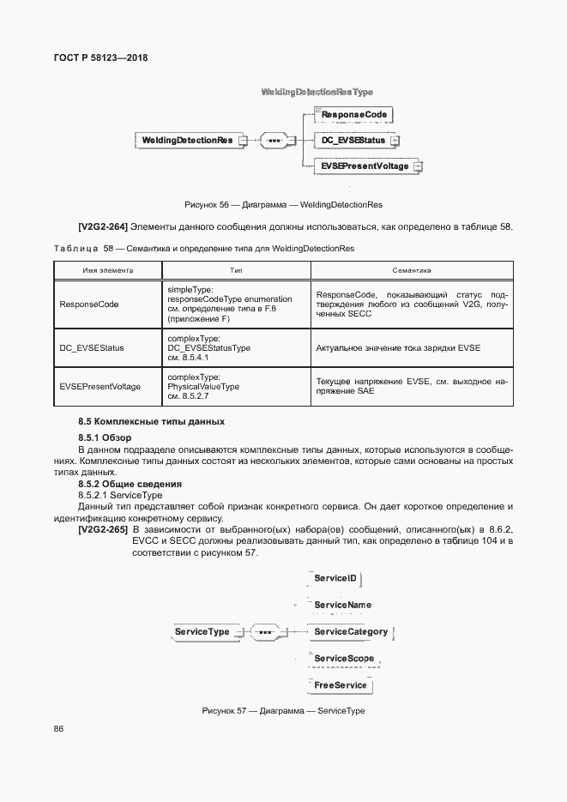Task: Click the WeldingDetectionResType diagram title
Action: point(317,91)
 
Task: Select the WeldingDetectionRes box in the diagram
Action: point(187,139)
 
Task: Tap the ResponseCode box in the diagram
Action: point(354,114)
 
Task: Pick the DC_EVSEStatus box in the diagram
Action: point(353,139)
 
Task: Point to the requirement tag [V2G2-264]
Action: point(103,226)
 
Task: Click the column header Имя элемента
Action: point(107,269)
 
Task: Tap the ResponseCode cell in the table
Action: point(89,304)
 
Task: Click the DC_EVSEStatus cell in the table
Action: point(92,347)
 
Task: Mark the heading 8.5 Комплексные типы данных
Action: point(151,422)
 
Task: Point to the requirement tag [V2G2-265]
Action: point(103,529)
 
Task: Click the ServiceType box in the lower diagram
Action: point(202,632)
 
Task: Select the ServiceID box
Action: point(335,579)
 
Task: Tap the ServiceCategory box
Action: point(351,632)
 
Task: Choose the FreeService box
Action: point(341,685)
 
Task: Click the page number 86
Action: point(58,729)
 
